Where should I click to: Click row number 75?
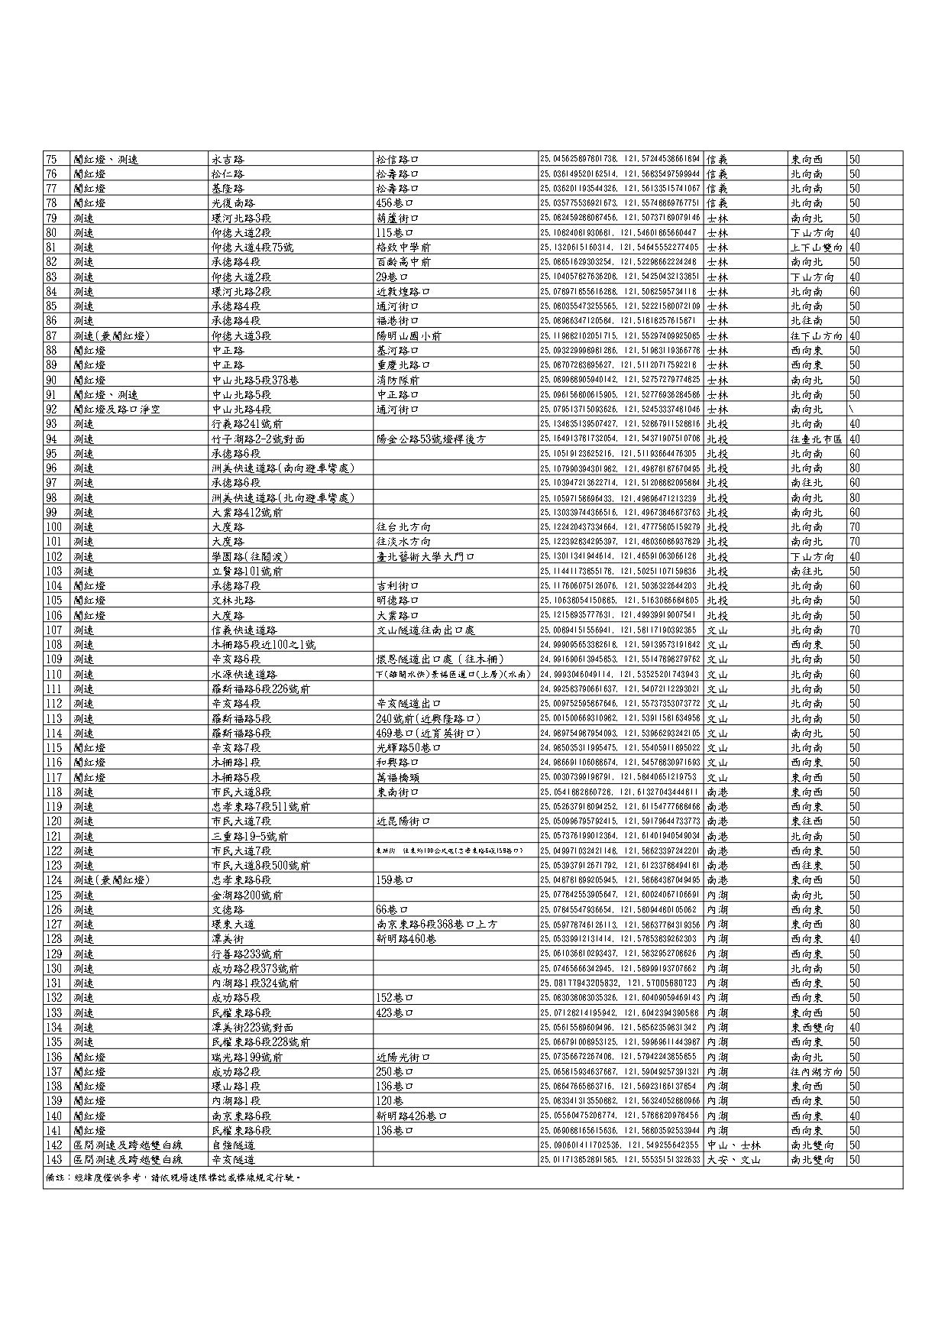tap(52, 160)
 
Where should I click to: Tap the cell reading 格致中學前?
tap(403, 248)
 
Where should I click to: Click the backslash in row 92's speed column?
tap(852, 410)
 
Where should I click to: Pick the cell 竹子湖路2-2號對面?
tap(258, 439)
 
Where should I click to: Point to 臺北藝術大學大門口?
tap(425, 557)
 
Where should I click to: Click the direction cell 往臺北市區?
tap(816, 439)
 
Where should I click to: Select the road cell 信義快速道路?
tap(244, 630)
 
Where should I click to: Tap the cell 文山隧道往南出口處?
tap(425, 630)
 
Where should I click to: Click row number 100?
tap(54, 527)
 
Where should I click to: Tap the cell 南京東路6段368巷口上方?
tap(436, 925)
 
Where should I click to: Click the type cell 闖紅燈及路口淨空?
tap(116, 410)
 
